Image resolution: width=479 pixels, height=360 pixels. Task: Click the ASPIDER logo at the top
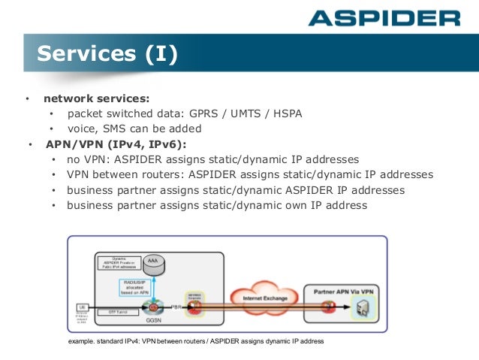click(x=384, y=17)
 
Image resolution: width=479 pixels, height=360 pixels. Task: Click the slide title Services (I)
click(x=107, y=54)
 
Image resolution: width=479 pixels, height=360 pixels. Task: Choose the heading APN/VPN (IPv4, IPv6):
click(x=116, y=144)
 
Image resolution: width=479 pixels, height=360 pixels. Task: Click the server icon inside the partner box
click(x=365, y=307)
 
